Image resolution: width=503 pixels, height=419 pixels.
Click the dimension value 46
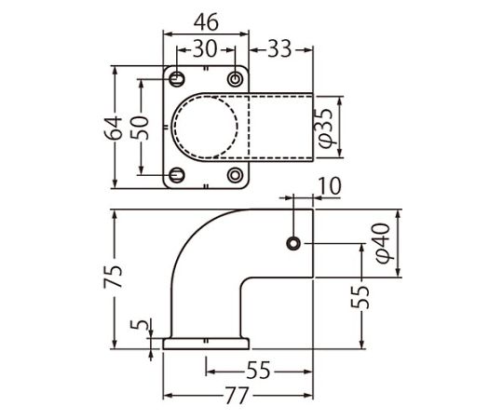206,22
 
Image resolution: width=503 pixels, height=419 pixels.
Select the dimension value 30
205,49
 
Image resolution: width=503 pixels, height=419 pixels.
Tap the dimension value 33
279,49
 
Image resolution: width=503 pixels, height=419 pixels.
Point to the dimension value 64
114,128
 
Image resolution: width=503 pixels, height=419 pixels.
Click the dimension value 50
140,128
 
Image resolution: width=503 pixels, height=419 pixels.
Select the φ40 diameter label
383,243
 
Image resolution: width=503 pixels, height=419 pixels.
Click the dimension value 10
330,186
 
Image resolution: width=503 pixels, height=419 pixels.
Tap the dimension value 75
113,276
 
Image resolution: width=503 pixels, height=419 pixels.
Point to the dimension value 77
237,396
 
